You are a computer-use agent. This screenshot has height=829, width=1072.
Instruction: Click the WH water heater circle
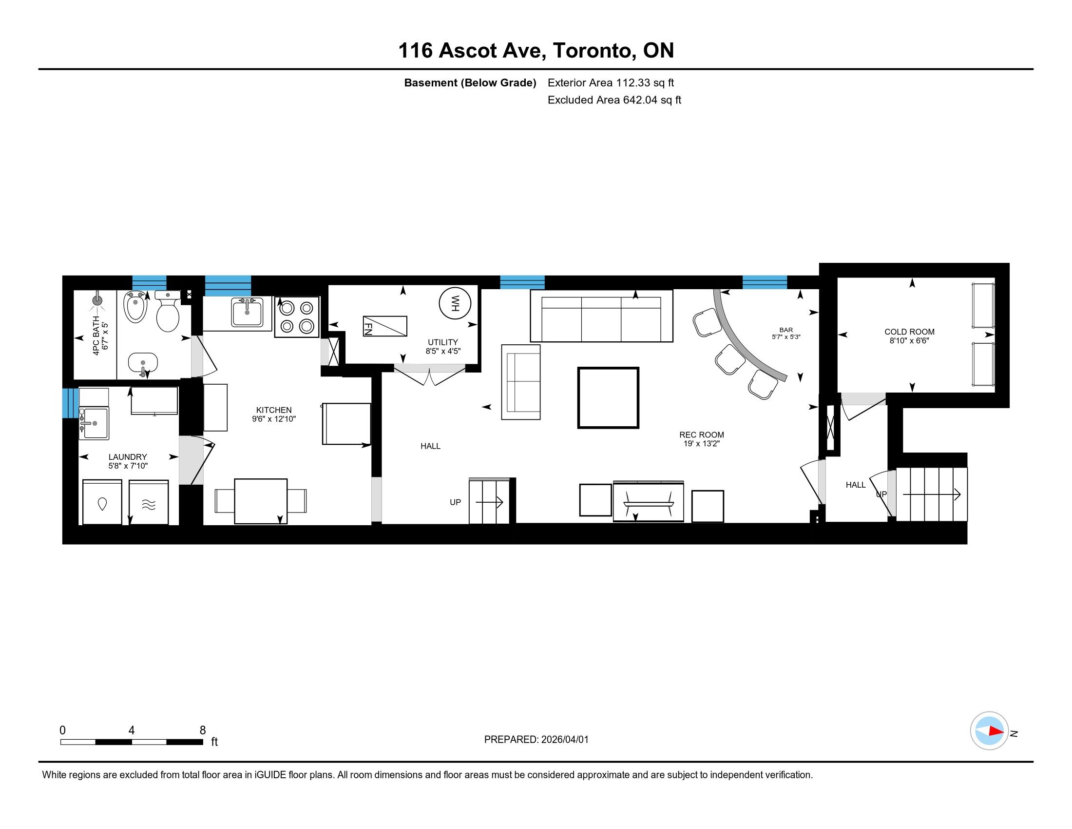pyautogui.click(x=455, y=303)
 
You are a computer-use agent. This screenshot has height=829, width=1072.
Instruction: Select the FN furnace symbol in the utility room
pyautogui.click(x=385, y=326)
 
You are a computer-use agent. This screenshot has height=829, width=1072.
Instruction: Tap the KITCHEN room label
pyautogui.click(x=274, y=410)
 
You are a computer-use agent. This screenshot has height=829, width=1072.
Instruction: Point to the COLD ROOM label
pyautogui.click(x=910, y=332)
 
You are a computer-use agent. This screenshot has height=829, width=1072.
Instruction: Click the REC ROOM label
pyautogui.click(x=701, y=435)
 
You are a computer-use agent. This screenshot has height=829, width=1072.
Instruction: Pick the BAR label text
pyautogui.click(x=786, y=330)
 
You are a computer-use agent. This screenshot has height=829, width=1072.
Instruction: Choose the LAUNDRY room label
pyautogui.click(x=128, y=457)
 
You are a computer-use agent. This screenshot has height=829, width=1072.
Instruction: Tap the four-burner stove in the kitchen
pyautogui.click(x=297, y=317)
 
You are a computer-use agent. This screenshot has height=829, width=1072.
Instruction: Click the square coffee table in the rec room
pyautogui.click(x=608, y=398)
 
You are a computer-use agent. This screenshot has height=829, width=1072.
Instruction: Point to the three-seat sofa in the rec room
pyautogui.click(x=601, y=316)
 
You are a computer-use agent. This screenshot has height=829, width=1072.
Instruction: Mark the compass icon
pyautogui.click(x=989, y=731)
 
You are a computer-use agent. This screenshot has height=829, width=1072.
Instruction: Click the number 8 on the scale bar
pyautogui.click(x=202, y=730)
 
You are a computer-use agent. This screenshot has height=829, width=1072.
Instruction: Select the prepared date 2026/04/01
pyautogui.click(x=564, y=740)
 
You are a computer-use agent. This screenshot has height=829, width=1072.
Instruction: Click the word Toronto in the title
pyautogui.click(x=592, y=51)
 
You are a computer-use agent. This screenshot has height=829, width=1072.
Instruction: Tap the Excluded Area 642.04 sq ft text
pyautogui.click(x=614, y=100)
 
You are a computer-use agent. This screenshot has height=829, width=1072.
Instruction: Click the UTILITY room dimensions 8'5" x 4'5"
pyautogui.click(x=443, y=351)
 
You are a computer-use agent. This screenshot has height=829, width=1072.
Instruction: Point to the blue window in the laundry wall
pyautogui.click(x=70, y=403)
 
